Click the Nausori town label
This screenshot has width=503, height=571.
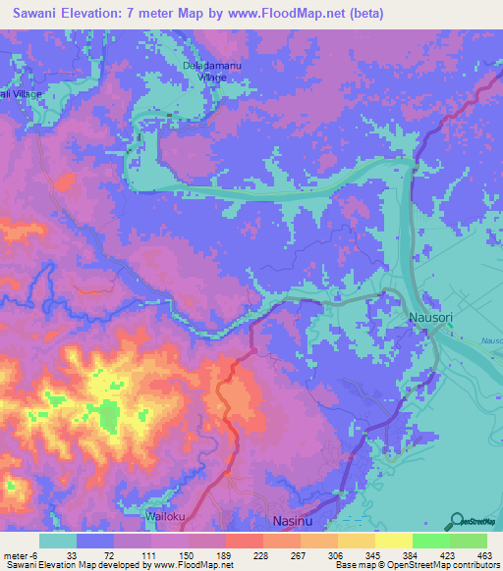(x=429, y=319)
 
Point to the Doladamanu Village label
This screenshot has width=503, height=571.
(x=211, y=71)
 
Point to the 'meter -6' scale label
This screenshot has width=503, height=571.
(x=20, y=555)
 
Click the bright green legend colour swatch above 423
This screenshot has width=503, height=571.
(x=430, y=541)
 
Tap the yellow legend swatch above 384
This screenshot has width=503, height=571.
(x=392, y=541)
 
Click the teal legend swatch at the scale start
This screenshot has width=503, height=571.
(x=57, y=541)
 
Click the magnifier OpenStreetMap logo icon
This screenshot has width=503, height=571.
(x=456, y=521)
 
